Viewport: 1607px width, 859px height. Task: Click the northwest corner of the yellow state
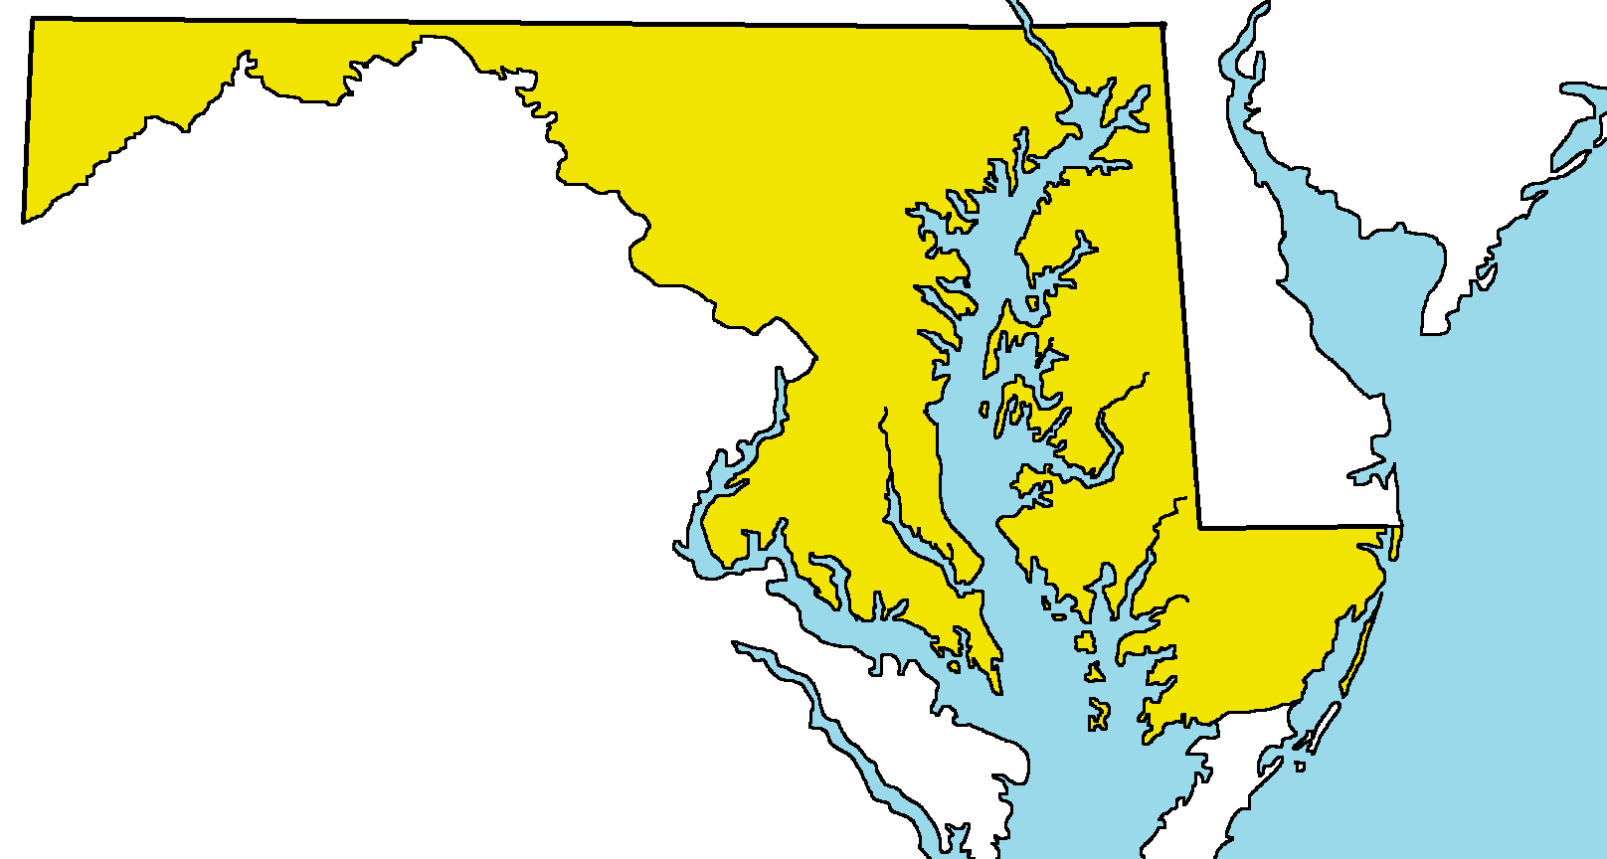[32, 20]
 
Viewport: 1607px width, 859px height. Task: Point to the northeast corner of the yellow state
[1162, 25]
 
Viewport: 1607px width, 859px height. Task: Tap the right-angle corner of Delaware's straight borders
[1200, 527]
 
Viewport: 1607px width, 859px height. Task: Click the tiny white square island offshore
[1301, 767]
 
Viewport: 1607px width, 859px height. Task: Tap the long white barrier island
[1319, 731]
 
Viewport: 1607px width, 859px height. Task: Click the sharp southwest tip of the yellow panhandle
[25, 220]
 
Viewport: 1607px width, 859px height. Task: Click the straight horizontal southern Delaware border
[1293, 526]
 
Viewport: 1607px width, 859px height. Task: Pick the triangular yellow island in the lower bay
[1094, 673]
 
